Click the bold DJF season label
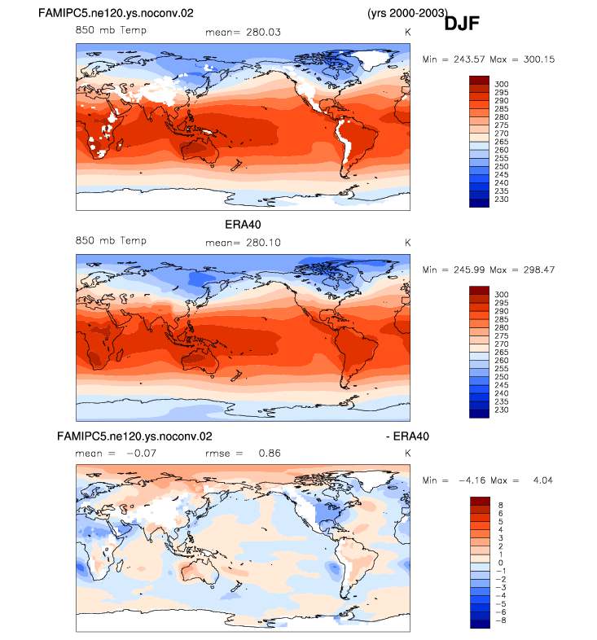pyautogui.click(x=462, y=24)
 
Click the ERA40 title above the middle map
pyautogui.click(x=243, y=225)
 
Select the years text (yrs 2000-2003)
pyautogui.click(x=407, y=13)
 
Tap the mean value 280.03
pyautogui.click(x=263, y=33)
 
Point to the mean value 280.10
pyautogui.click(x=263, y=243)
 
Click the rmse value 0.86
pyautogui.click(x=270, y=453)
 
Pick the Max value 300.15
pyautogui.click(x=539, y=59)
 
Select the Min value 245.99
pyautogui.click(x=469, y=270)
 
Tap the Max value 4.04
pyautogui.click(x=542, y=480)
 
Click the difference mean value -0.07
pyautogui.click(x=141, y=453)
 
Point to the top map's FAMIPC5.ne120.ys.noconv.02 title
pyautogui.click(x=116, y=13)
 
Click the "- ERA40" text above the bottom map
pyautogui.click(x=407, y=436)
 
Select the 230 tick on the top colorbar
pyautogui.click(x=502, y=199)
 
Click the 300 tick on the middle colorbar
pyautogui.click(x=502, y=295)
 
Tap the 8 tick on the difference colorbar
pyautogui.click(x=501, y=506)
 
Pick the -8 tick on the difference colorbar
pyautogui.click(x=501, y=620)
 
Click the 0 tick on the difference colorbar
pyautogui.click(x=501, y=563)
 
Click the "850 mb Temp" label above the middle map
pyautogui.click(x=111, y=240)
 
